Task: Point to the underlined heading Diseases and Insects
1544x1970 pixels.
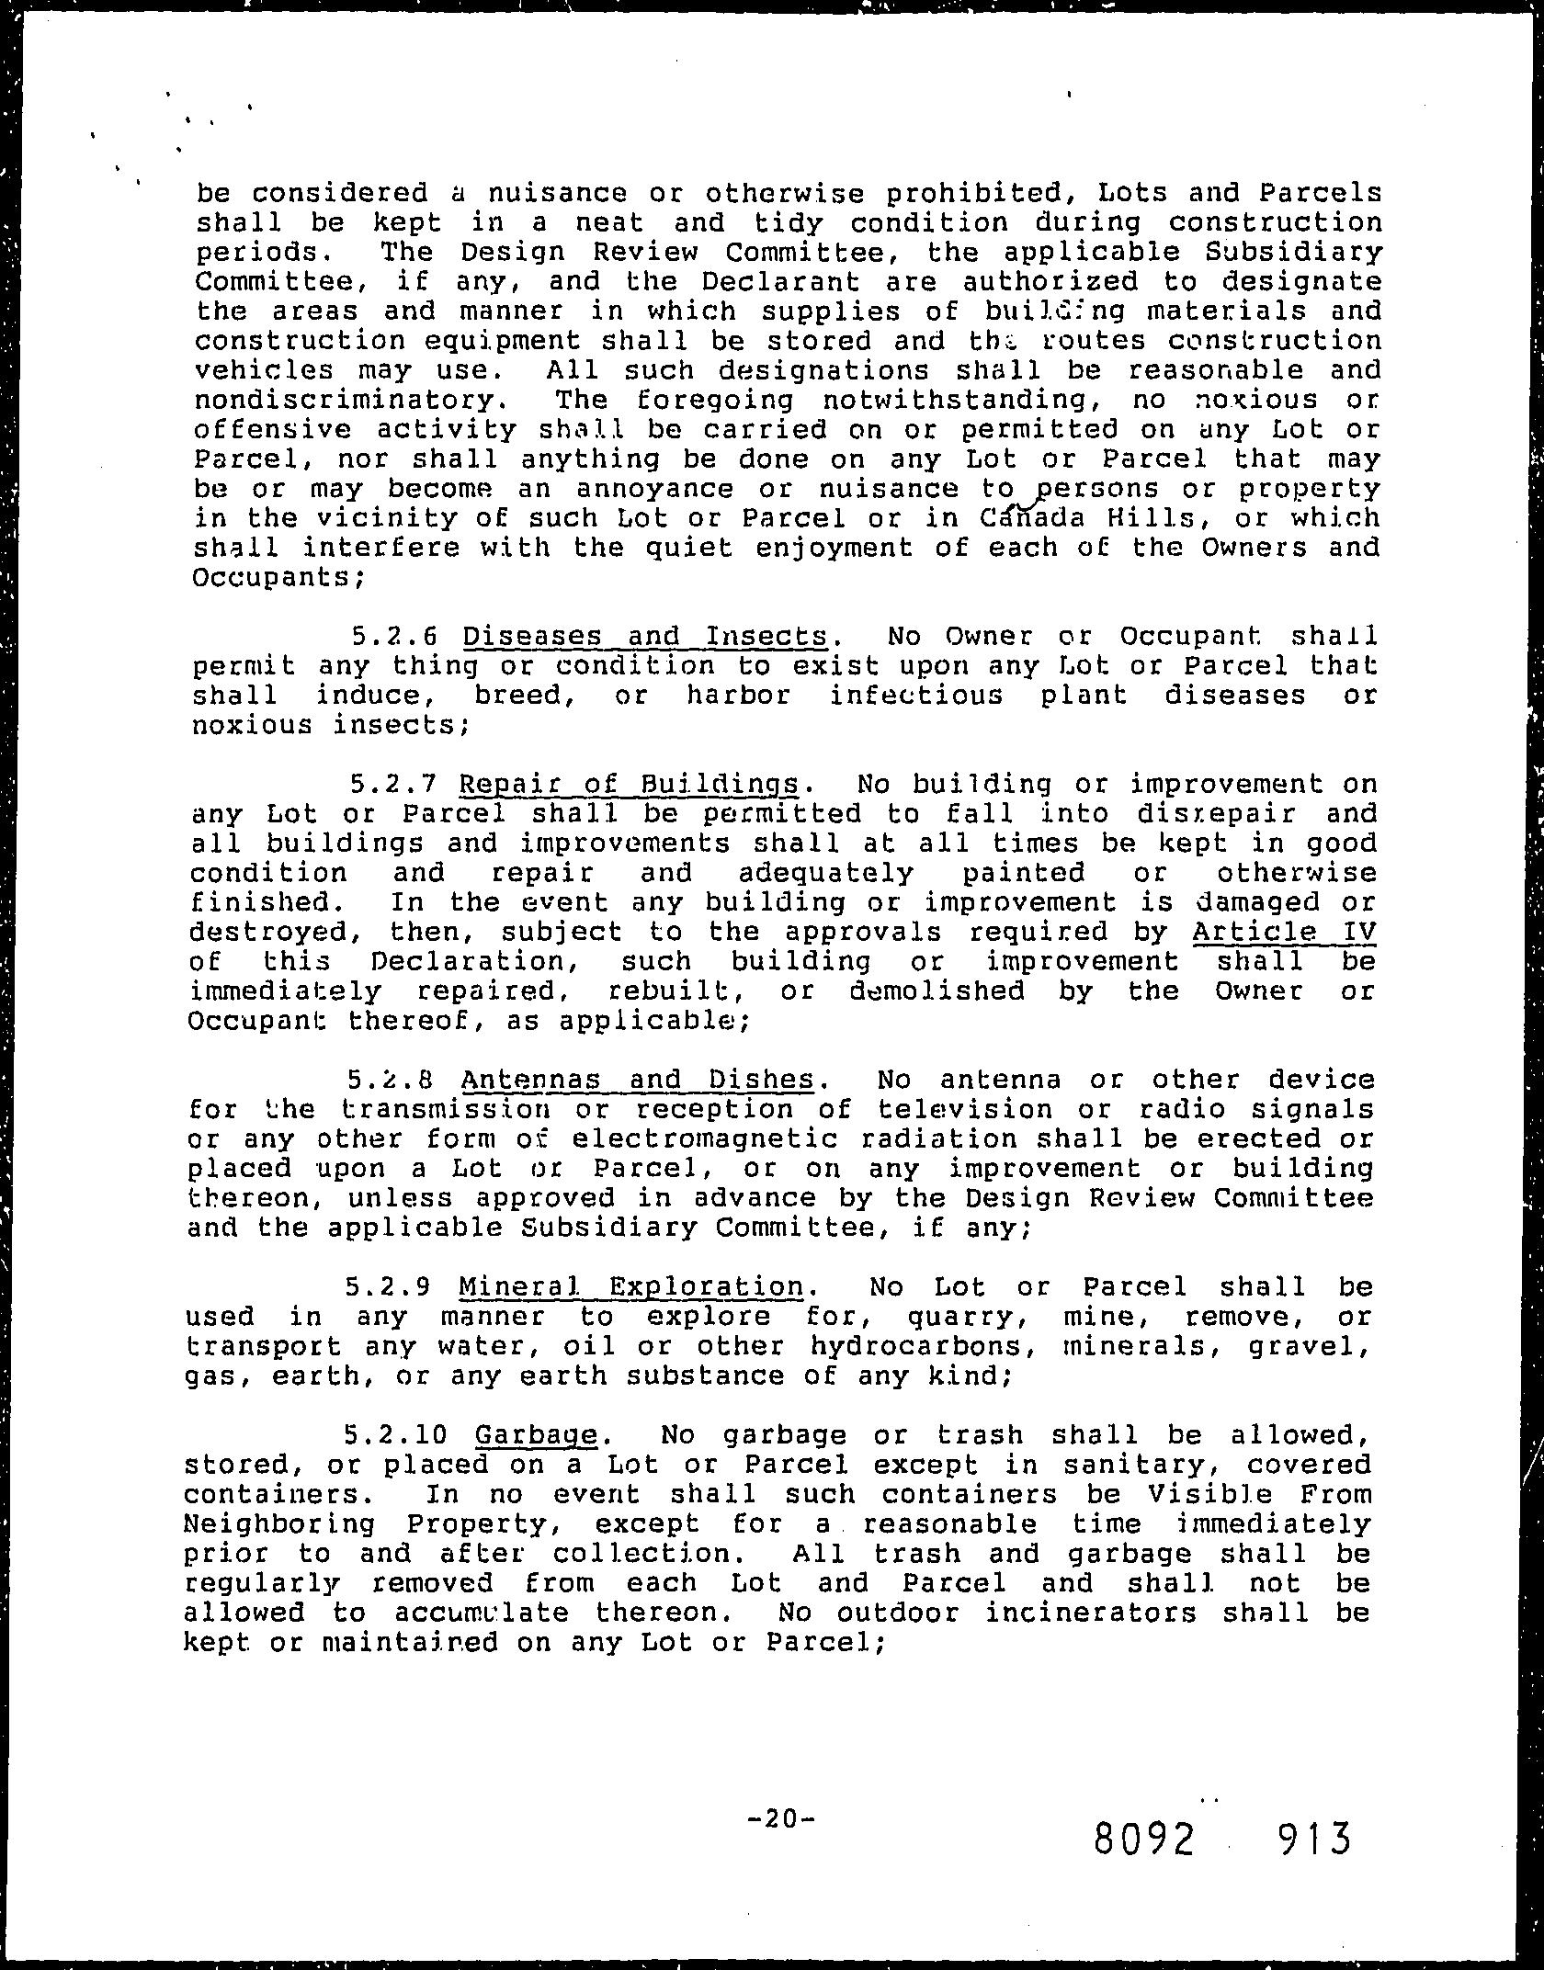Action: pos(645,637)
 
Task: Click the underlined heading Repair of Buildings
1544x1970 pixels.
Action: pos(630,785)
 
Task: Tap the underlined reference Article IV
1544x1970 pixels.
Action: pos(1284,932)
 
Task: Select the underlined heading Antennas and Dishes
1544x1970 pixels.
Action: pos(637,1080)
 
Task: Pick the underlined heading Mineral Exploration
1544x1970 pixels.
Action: pos(630,1287)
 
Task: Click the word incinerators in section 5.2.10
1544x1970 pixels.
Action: pos(1091,1613)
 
